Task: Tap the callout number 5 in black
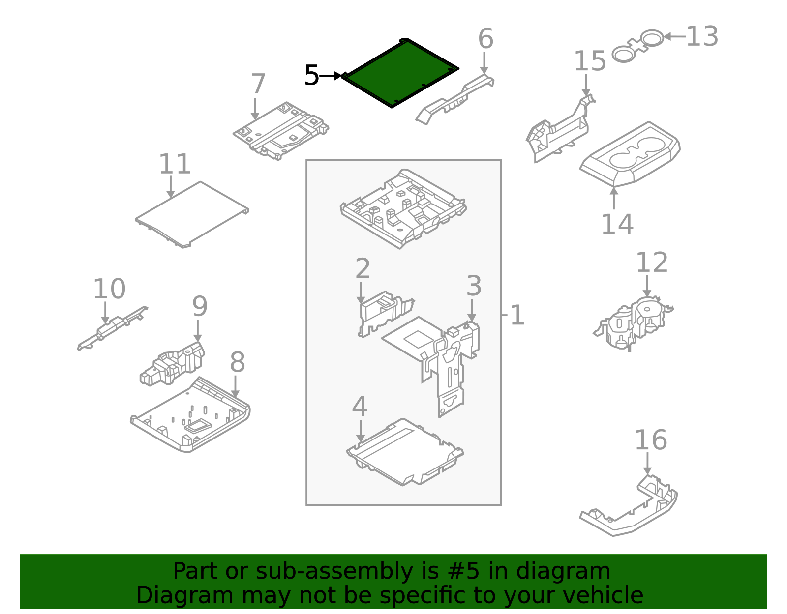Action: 312,76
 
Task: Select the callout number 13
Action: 702,37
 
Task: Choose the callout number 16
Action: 650,440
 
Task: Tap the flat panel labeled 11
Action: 192,214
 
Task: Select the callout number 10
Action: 109,289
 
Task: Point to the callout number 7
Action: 258,84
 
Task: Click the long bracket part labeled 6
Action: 455,98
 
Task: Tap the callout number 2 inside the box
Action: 363,268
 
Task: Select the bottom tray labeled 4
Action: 403,452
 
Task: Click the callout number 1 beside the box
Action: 517,315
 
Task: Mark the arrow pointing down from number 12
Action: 647,287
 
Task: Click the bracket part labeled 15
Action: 558,133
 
